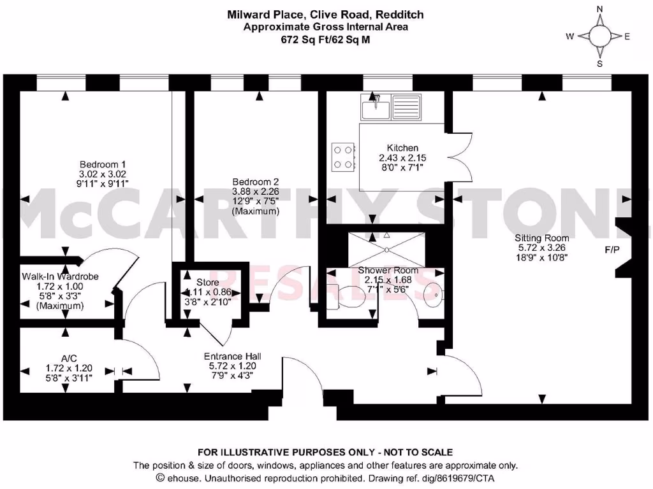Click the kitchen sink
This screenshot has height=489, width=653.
pyautogui.click(x=389, y=106)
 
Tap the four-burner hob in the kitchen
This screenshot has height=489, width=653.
pyautogui.click(x=342, y=157)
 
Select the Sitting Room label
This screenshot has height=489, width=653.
pyautogui.click(x=541, y=237)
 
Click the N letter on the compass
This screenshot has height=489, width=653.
pyautogui.click(x=599, y=9)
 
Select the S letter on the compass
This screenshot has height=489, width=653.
pyautogui.click(x=599, y=63)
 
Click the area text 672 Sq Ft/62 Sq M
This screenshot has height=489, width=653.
pyautogui.click(x=326, y=39)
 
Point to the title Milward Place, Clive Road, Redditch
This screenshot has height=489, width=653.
pyautogui.click(x=326, y=14)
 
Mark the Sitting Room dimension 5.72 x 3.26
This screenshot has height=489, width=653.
pyautogui.click(x=541, y=248)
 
